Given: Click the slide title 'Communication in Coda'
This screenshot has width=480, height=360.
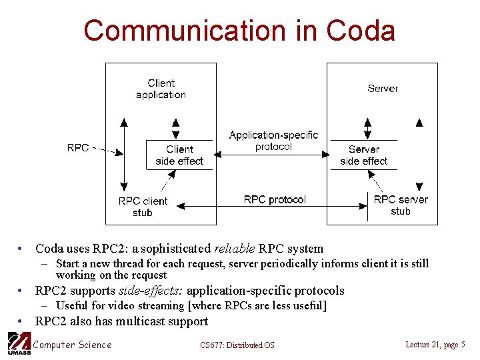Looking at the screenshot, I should click(239, 31).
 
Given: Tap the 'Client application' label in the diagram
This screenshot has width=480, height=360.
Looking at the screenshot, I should click(161, 89).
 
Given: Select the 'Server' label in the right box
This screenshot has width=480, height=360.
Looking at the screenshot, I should click(383, 88).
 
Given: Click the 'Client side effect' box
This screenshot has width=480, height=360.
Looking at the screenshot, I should click(179, 155).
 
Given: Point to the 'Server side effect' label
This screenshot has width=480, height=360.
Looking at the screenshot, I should click(363, 155).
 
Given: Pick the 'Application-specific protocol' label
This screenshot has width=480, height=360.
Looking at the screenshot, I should click(273, 141).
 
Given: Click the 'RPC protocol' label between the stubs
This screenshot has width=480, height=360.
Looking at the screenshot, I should click(275, 199).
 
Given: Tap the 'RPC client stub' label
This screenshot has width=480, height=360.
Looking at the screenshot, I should click(143, 207).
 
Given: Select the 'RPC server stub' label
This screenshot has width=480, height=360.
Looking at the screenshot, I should click(401, 205).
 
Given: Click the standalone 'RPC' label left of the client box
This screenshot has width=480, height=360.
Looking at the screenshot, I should click(78, 147).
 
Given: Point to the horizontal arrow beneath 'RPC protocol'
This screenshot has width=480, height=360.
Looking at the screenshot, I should click(275, 209).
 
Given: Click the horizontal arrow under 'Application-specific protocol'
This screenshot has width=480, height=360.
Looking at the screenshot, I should click(273, 155).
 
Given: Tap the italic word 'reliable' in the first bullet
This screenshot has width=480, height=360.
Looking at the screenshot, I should click(234, 249).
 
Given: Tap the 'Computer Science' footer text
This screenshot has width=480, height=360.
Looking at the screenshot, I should click(72, 345).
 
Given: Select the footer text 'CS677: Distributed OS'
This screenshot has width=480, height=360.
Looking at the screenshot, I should click(237, 345).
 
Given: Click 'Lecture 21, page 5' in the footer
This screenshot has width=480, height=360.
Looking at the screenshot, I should click(435, 345).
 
